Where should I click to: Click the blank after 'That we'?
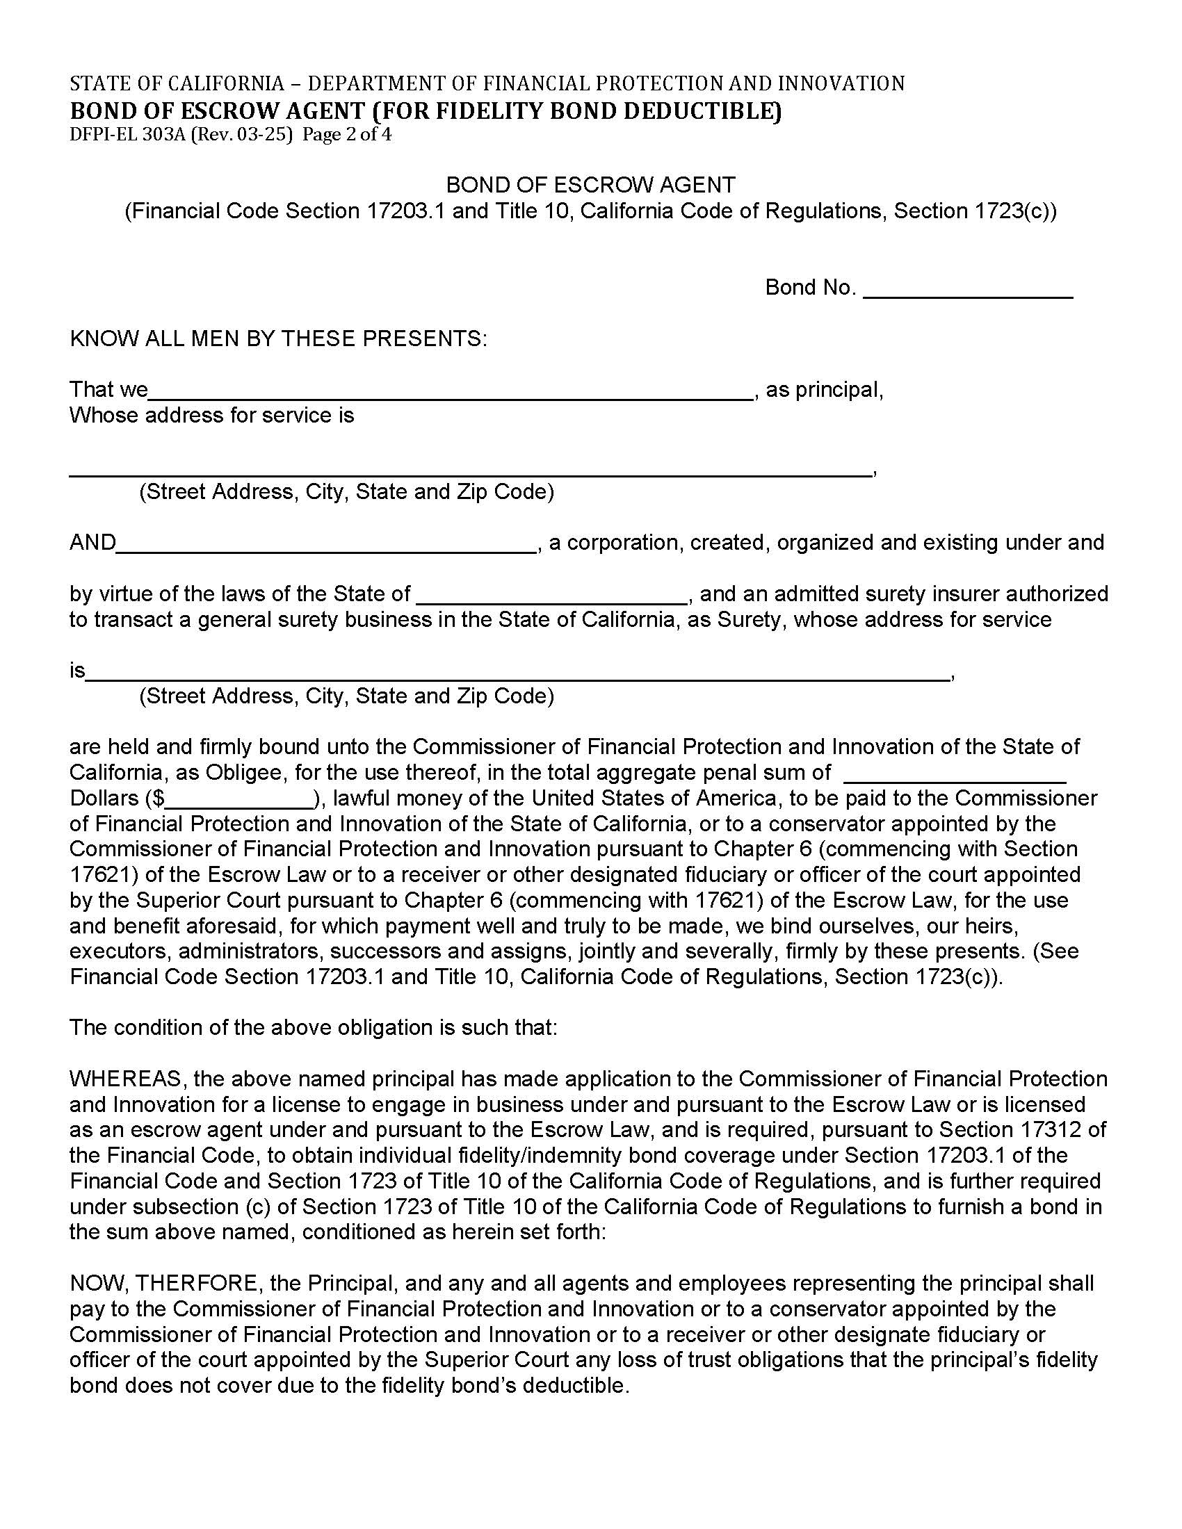click(x=451, y=391)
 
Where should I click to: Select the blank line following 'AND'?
click(x=325, y=544)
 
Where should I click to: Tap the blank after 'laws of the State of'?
click(x=553, y=595)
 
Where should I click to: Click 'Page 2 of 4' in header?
click(x=347, y=134)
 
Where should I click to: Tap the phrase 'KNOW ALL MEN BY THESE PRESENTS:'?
click(x=278, y=340)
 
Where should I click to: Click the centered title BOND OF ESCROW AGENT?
click(x=590, y=185)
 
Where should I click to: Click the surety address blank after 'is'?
click(x=518, y=672)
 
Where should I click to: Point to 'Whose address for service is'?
click(x=211, y=416)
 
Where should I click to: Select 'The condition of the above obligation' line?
click(x=313, y=1028)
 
